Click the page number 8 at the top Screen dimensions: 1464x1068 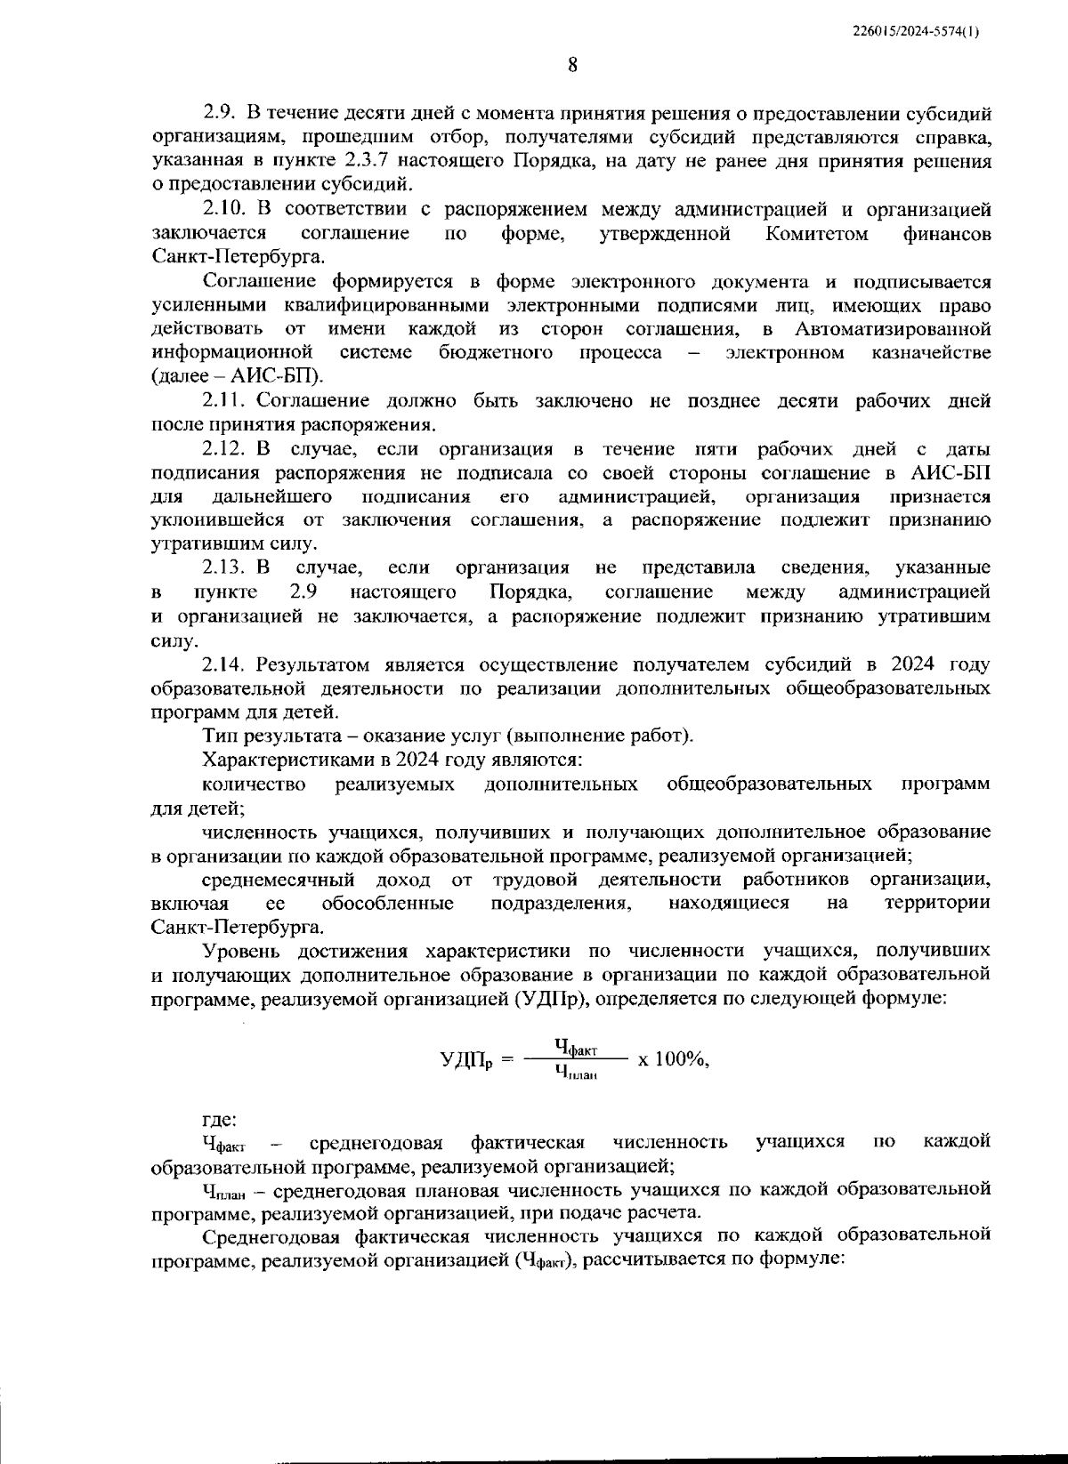click(x=572, y=65)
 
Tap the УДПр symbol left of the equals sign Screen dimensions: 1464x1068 click(x=466, y=1060)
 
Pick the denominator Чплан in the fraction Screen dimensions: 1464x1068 click(x=575, y=1074)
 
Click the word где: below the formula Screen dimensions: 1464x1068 click(x=219, y=1120)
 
